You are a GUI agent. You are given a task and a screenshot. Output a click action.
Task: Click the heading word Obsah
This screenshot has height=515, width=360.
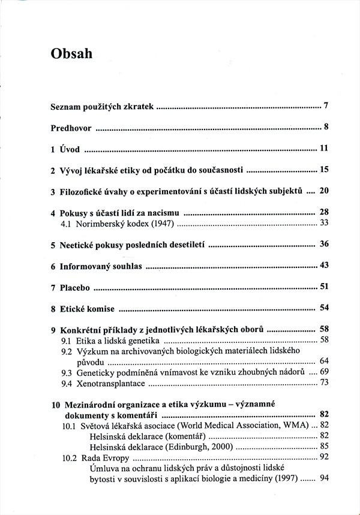71,53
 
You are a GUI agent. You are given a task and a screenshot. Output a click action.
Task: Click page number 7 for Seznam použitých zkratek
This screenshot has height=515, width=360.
326,106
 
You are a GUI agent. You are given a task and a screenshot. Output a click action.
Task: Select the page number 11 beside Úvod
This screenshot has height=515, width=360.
324,148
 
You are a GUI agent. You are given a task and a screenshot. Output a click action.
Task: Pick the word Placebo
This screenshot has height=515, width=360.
75,288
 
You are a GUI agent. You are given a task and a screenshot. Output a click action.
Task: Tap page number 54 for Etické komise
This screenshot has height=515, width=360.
324,308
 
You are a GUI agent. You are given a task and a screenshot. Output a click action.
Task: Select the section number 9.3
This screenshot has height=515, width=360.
68,372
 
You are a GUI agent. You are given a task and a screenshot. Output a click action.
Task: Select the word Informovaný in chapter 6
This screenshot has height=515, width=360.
86,266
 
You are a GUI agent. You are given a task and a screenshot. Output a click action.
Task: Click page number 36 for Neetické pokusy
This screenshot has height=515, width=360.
324,244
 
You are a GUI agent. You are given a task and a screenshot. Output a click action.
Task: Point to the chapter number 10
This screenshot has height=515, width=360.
55,405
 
